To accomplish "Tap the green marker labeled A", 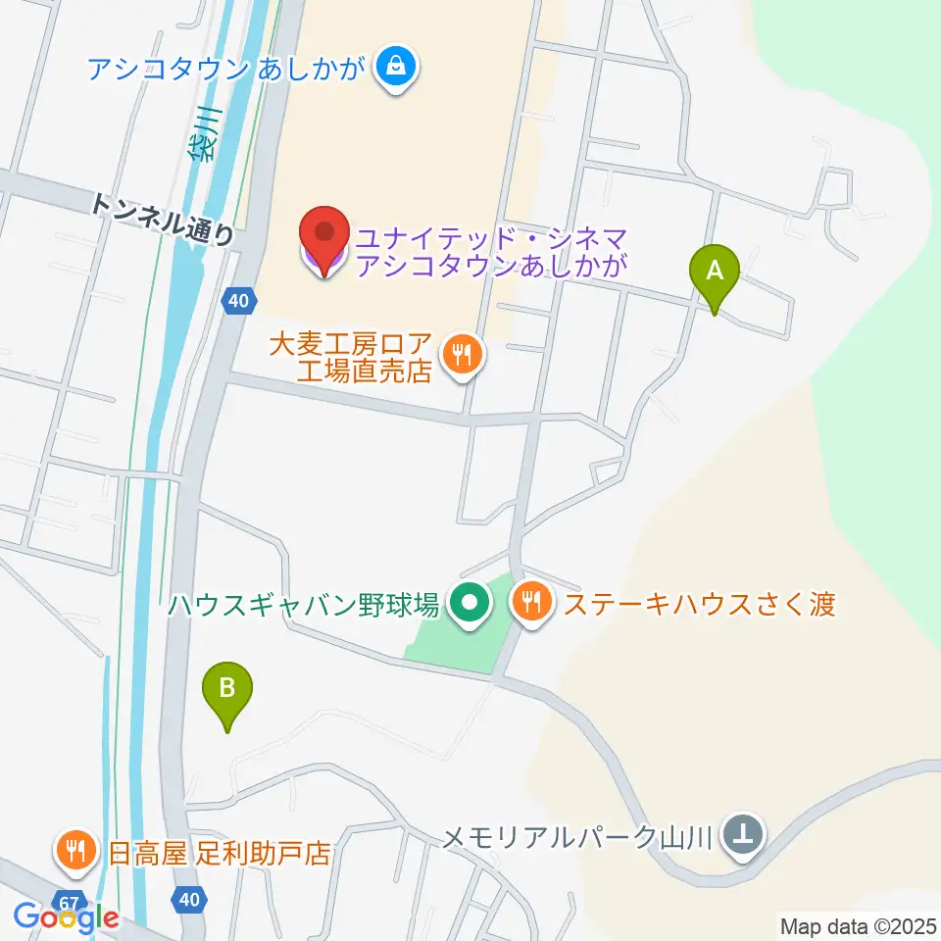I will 714,273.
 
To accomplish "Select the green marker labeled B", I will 226,692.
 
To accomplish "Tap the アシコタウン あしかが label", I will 226,69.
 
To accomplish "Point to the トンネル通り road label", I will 163,218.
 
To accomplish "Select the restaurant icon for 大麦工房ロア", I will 458,354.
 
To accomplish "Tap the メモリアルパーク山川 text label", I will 581,837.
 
